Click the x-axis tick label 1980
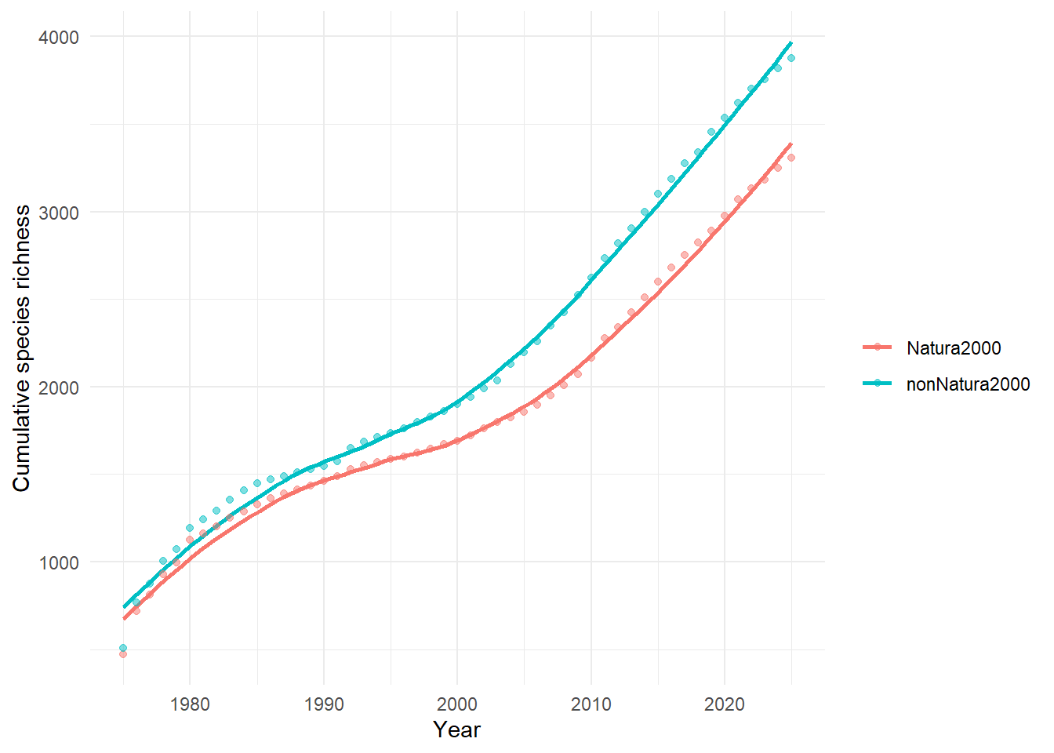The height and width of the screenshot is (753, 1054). (x=190, y=704)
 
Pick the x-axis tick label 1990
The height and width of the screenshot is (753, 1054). (x=324, y=704)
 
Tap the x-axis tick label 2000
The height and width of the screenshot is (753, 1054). (x=457, y=704)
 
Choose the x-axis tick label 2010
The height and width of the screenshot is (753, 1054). (x=591, y=704)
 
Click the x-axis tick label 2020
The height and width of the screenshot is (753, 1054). (x=725, y=704)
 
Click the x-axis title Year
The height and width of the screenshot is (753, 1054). (x=456, y=729)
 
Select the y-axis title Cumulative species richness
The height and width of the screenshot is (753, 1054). (x=22, y=348)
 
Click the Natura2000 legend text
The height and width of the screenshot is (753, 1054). (x=954, y=348)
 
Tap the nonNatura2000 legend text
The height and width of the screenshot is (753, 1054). (x=968, y=384)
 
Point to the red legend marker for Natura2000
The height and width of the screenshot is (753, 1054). (x=878, y=347)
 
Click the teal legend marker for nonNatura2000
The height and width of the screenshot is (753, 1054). (x=878, y=384)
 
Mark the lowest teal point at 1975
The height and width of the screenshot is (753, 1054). (x=123, y=648)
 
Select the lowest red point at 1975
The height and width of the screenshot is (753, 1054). (x=123, y=654)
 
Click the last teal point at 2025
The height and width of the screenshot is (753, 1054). (x=791, y=58)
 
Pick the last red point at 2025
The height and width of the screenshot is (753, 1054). (x=791, y=158)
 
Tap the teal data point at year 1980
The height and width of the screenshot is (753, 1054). (x=190, y=528)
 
